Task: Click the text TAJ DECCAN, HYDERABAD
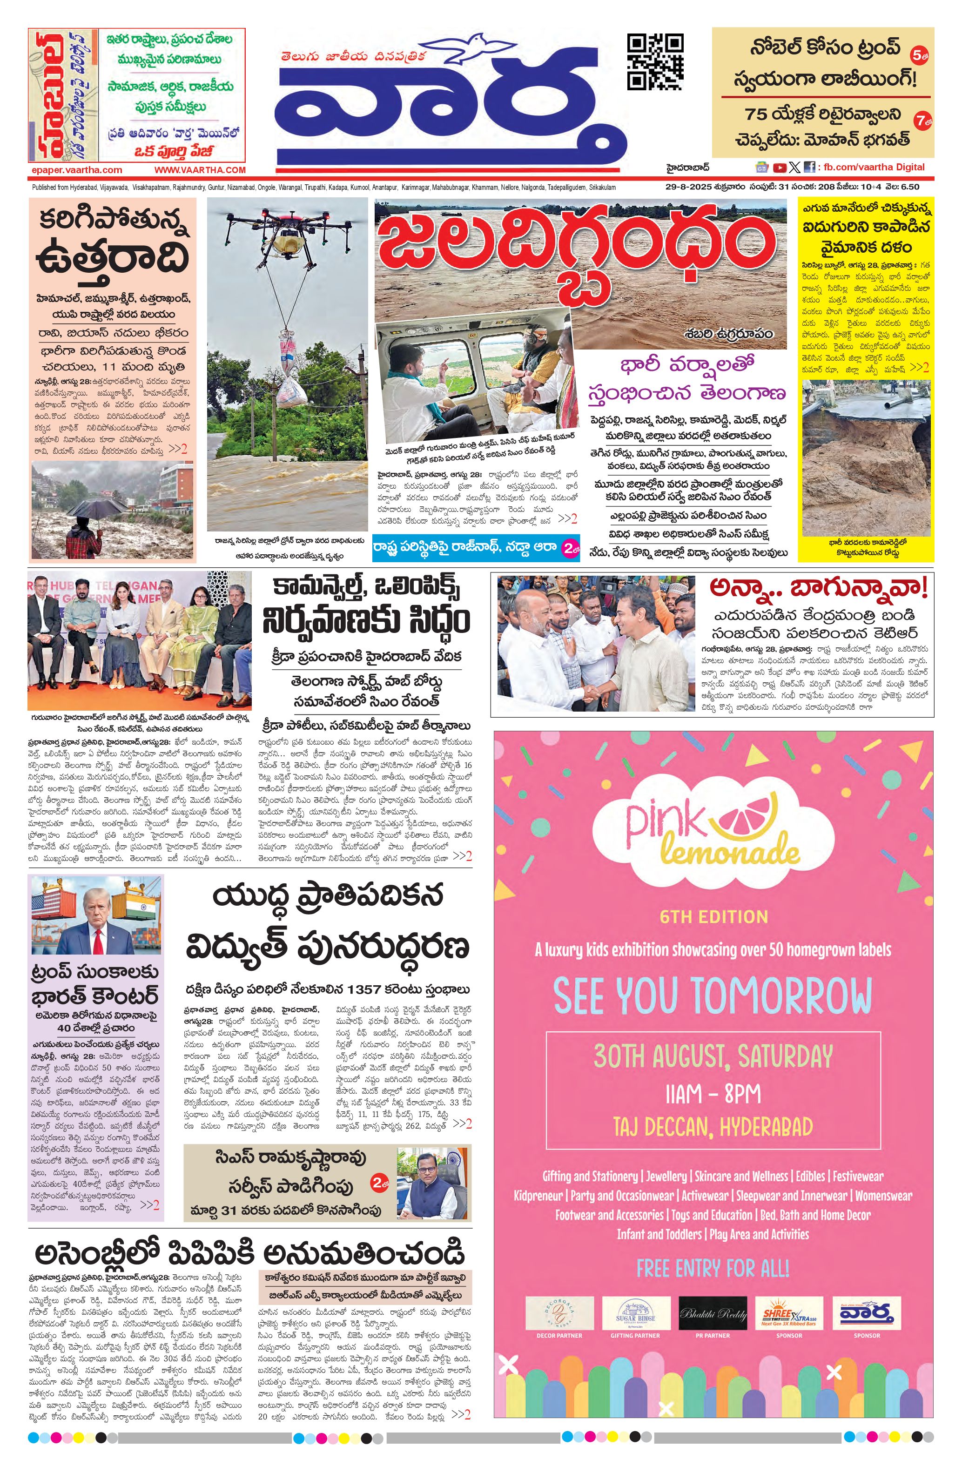tap(713, 1127)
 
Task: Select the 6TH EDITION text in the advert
tap(713, 916)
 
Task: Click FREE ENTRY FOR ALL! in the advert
tap(713, 1269)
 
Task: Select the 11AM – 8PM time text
tap(713, 1094)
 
